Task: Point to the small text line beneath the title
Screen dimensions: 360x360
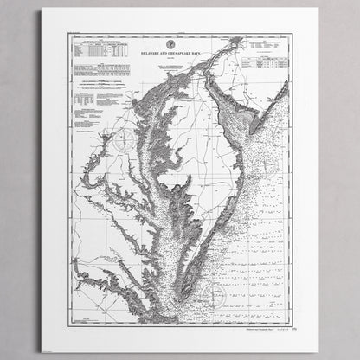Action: click(x=179, y=59)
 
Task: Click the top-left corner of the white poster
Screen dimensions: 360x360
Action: click(x=42, y=9)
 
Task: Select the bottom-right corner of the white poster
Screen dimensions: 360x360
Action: click(x=318, y=351)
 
